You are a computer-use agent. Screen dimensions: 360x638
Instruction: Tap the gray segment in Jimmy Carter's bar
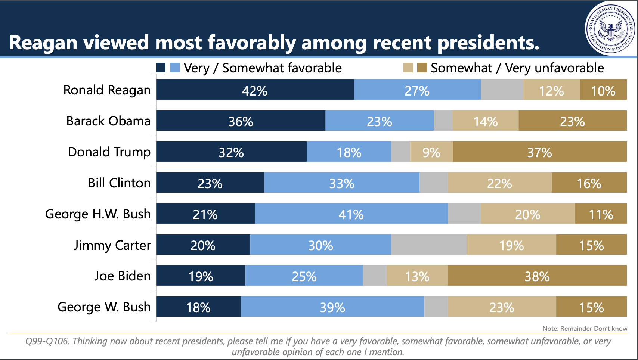[x=429, y=245]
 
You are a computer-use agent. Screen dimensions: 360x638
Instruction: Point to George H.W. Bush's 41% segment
[x=351, y=214]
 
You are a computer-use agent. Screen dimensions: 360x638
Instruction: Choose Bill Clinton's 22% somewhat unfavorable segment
[x=499, y=183]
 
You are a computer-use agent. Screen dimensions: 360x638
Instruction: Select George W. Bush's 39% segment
[x=332, y=307]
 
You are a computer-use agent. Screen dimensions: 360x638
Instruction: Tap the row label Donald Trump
[x=109, y=152]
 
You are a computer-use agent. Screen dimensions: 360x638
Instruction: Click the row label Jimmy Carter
[x=112, y=245]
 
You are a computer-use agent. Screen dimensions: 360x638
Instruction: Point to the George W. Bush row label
[x=104, y=307]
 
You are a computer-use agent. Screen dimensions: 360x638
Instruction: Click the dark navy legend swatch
[x=161, y=68]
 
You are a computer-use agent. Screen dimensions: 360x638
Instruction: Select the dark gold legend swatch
[x=422, y=68]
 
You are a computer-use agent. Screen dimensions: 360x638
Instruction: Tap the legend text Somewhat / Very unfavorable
[x=517, y=68]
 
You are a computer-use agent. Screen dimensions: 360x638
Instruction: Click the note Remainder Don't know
[x=585, y=329]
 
